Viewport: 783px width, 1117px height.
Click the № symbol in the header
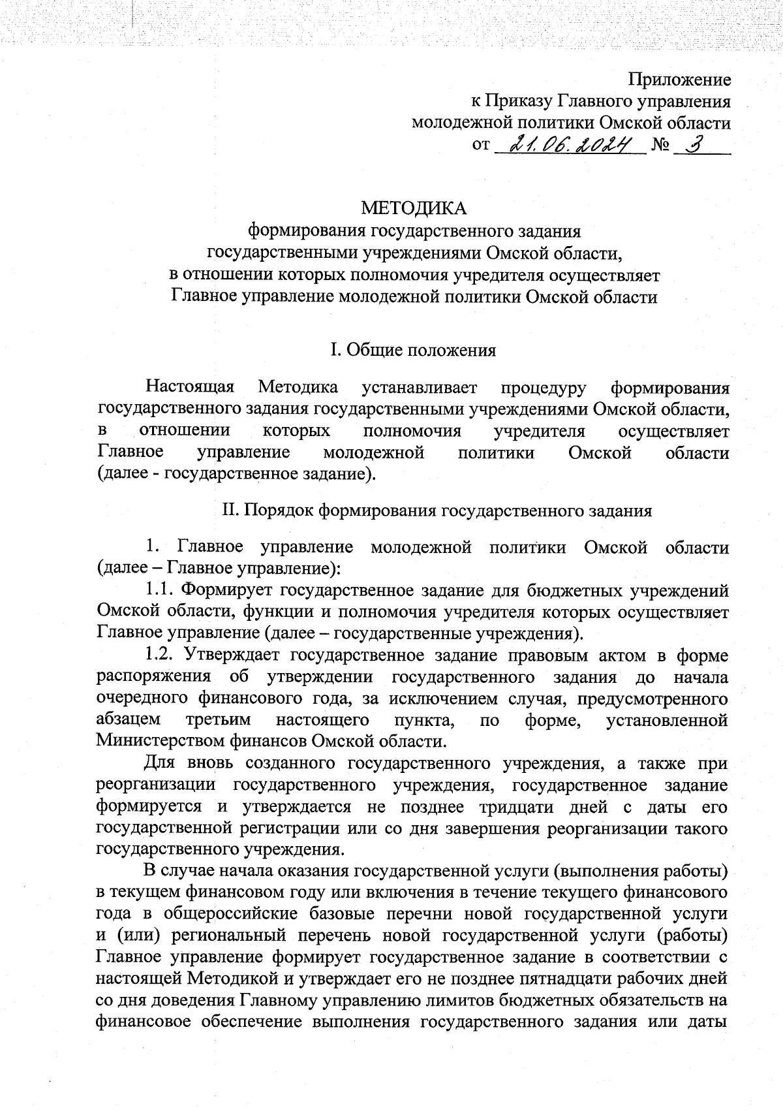(660, 146)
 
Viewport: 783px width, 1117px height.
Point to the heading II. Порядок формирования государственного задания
(437, 510)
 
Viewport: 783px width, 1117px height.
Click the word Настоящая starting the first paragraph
(190, 387)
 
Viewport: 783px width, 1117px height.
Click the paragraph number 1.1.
(159, 591)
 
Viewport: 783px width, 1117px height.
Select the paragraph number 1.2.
(159, 655)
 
